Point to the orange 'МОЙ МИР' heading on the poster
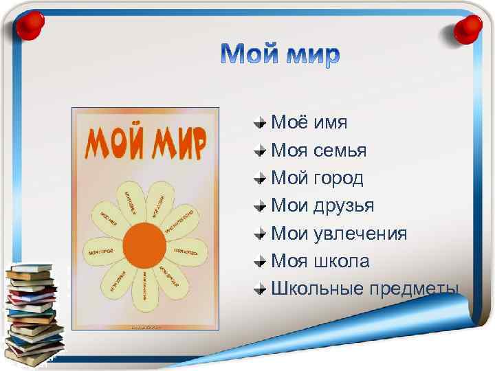coord(144,143)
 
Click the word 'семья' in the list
coord(342,150)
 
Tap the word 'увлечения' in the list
coord(360,234)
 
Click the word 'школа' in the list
coord(342,261)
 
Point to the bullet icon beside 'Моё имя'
coord(259,124)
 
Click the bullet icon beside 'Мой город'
coord(259,179)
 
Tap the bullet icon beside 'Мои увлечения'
coord(259,234)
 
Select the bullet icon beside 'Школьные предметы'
coord(259,289)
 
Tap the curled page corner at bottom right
coord(450,323)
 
